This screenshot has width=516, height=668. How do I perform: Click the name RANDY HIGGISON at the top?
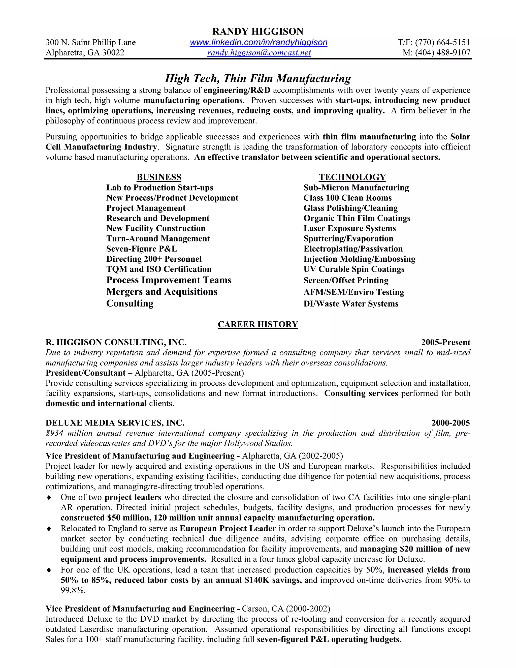pyautogui.click(x=258, y=32)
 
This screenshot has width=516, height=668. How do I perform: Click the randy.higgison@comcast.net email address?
pyautogui.click(x=259, y=53)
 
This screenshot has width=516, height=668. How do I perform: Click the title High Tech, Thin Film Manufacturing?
pyautogui.click(x=258, y=79)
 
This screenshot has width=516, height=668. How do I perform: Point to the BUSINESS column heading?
pyautogui.click(x=159, y=177)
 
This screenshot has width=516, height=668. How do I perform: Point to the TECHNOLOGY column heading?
pyautogui.click(x=352, y=177)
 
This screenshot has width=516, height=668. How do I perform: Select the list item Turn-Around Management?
pyautogui.click(x=158, y=238)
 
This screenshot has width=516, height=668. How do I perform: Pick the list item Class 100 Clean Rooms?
pyautogui.click(x=347, y=198)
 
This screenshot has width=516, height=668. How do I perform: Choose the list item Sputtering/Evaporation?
pyautogui.click(x=348, y=238)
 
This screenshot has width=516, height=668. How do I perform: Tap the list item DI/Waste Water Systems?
pyautogui.click(x=351, y=304)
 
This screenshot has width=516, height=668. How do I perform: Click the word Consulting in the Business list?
pyautogui.click(x=130, y=303)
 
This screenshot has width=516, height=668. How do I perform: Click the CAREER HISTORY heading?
pyautogui.click(x=258, y=324)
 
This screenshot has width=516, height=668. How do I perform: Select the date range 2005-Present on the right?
pyautogui.click(x=445, y=342)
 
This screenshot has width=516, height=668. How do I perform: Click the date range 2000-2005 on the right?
pyautogui.click(x=450, y=423)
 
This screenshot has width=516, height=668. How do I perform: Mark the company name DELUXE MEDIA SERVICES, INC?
pyautogui.click(x=115, y=423)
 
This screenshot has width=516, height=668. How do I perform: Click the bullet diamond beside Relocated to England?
pyautogui.click(x=49, y=529)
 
